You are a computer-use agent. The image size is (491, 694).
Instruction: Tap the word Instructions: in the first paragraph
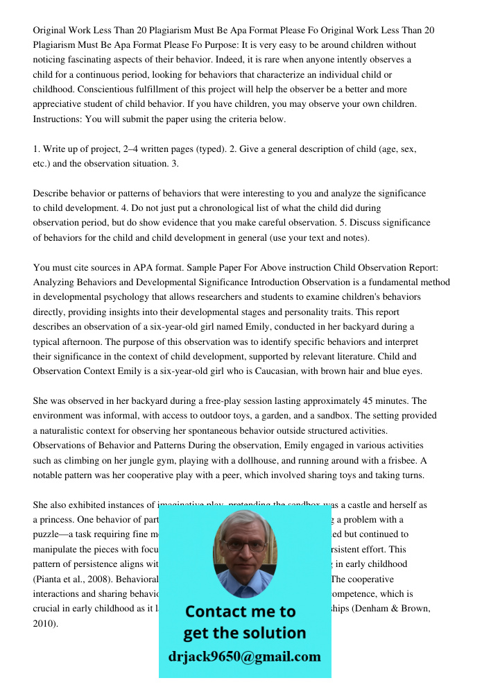tap(58, 119)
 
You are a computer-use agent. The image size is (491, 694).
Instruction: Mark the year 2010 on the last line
tap(44, 623)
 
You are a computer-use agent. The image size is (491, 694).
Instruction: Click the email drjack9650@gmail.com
tap(245, 657)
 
